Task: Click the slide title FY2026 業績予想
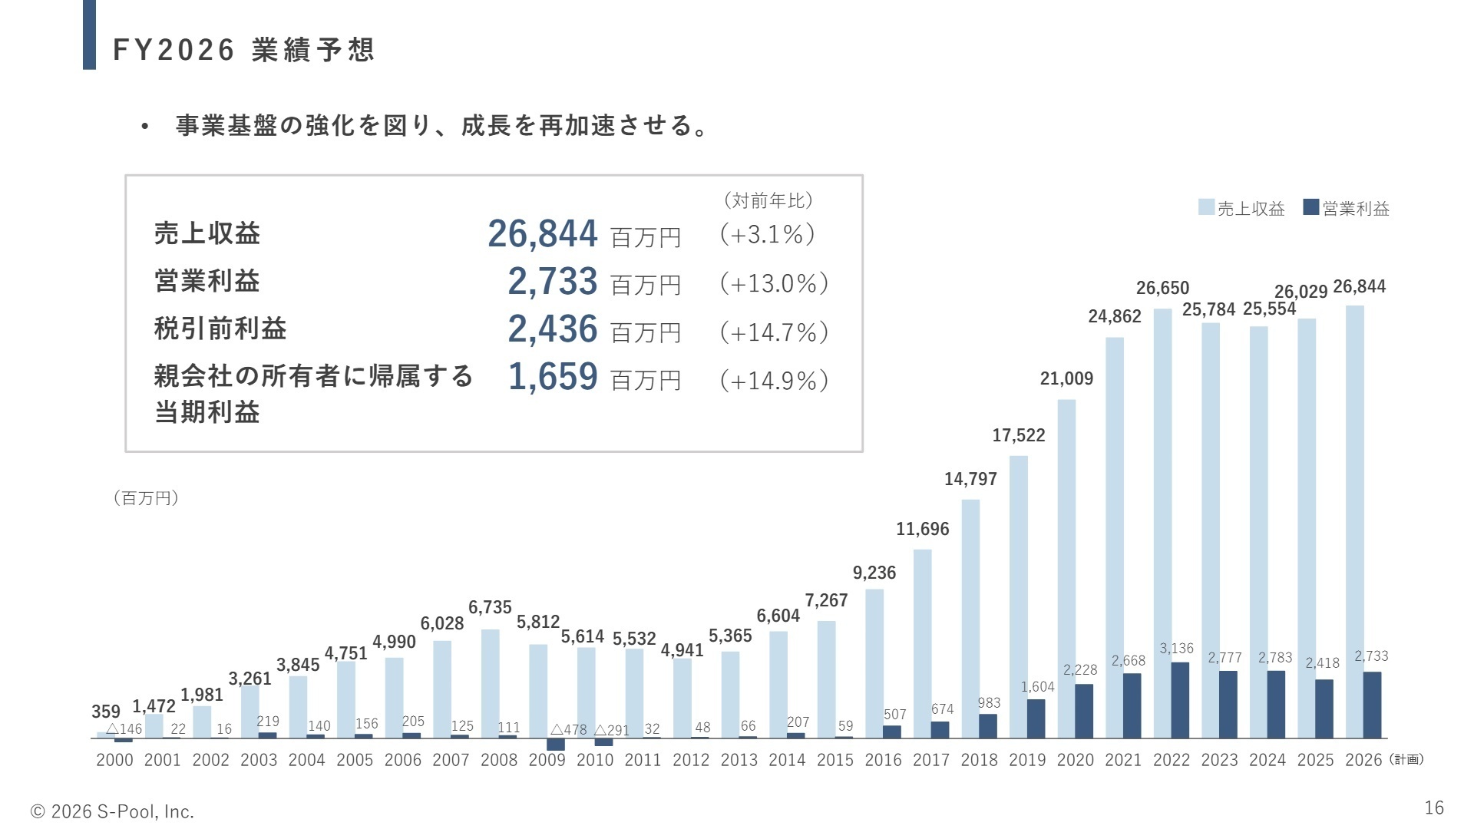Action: pyautogui.click(x=243, y=50)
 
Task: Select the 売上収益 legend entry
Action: pyautogui.click(x=1242, y=208)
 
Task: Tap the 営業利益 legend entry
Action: pyautogui.click(x=1347, y=208)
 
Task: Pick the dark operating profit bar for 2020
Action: pyautogui.click(x=1084, y=711)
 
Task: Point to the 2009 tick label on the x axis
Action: pyautogui.click(x=547, y=760)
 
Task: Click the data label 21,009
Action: pyautogui.click(x=1066, y=378)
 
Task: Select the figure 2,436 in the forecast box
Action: pyautogui.click(x=553, y=329)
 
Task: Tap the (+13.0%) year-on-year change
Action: pyautogui.click(x=774, y=283)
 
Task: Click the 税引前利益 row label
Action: pyautogui.click(x=220, y=329)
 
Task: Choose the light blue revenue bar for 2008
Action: pyautogui.click(x=490, y=683)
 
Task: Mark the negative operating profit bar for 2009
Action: pyautogui.click(x=556, y=745)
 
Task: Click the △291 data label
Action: pyautogui.click(x=612, y=730)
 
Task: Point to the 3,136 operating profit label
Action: pyautogui.click(x=1176, y=649)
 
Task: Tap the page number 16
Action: pyautogui.click(x=1434, y=808)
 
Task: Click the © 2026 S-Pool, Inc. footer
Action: pyautogui.click(x=112, y=811)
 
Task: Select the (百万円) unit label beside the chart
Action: pyautogui.click(x=146, y=498)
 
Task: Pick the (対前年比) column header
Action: pyautogui.click(x=768, y=200)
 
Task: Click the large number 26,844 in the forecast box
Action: pyautogui.click(x=543, y=234)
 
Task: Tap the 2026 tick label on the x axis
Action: pyautogui.click(x=1363, y=760)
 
